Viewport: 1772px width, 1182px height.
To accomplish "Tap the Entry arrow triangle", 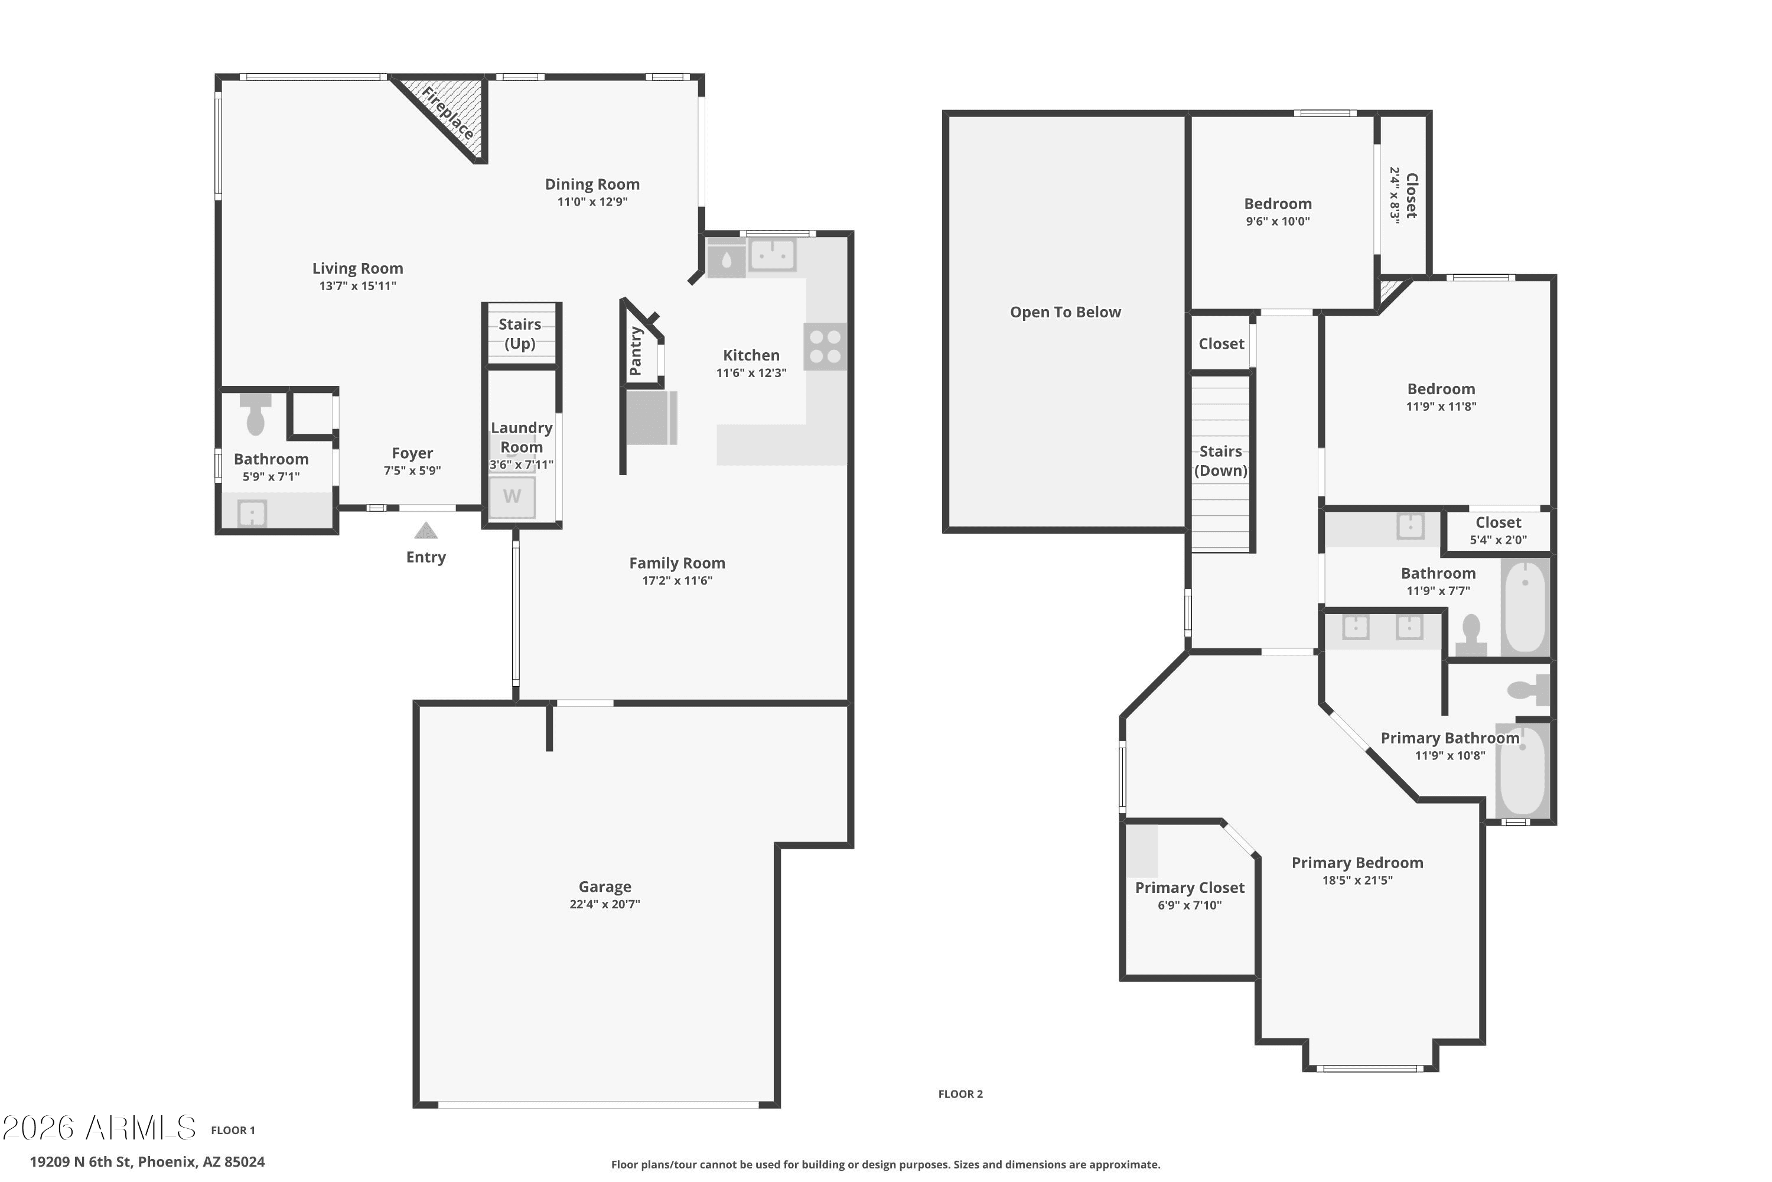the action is [x=426, y=531].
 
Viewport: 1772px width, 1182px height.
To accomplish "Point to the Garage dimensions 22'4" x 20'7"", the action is [x=604, y=904].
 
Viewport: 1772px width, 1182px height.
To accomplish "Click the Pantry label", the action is [x=635, y=351].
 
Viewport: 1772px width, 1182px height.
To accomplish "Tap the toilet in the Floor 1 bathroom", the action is [x=255, y=413].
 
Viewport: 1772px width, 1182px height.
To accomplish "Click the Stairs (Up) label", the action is [x=520, y=334].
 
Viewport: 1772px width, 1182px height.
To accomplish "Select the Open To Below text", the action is [x=1066, y=312].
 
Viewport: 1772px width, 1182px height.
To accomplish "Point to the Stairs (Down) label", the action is [x=1220, y=460].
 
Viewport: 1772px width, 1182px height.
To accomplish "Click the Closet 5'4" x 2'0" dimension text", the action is [x=1498, y=540].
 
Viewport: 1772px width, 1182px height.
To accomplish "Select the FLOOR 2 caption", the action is [x=960, y=1094].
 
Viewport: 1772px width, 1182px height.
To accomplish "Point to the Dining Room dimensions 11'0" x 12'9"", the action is [x=592, y=202].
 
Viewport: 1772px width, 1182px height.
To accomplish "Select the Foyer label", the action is [x=412, y=453].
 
